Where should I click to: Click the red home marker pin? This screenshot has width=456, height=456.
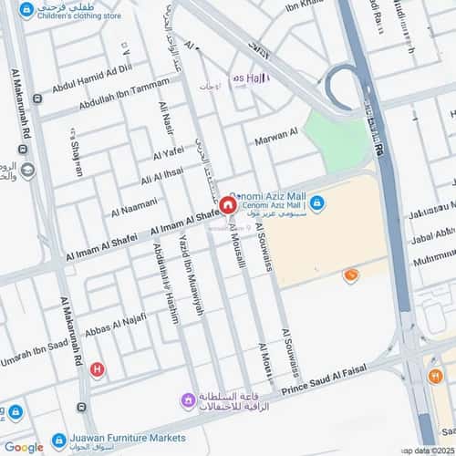coord(226,194)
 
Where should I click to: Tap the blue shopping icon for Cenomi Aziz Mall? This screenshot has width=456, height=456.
coord(316,203)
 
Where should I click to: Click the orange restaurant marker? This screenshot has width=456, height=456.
coord(350,275)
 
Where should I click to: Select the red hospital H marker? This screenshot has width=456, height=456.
coord(98,369)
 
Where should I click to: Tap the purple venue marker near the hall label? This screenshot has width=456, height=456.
coord(188,399)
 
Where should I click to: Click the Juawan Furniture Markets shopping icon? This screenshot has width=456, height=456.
coord(59,439)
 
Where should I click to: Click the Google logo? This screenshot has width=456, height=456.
coord(24,447)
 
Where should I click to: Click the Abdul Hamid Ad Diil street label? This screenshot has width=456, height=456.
coord(92,78)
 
